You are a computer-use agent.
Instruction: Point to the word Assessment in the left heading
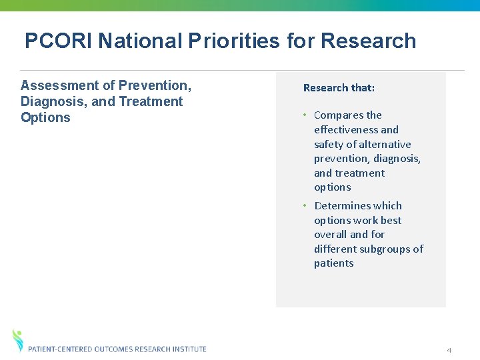(x=58, y=85)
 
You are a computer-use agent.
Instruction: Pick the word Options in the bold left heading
(x=45, y=117)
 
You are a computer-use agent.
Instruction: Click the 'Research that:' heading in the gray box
(x=339, y=88)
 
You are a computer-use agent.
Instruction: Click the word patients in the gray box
(x=333, y=263)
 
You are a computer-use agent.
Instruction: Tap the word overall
(x=331, y=235)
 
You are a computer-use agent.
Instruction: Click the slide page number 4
(x=449, y=350)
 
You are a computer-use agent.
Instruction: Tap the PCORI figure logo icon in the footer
(x=18, y=340)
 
